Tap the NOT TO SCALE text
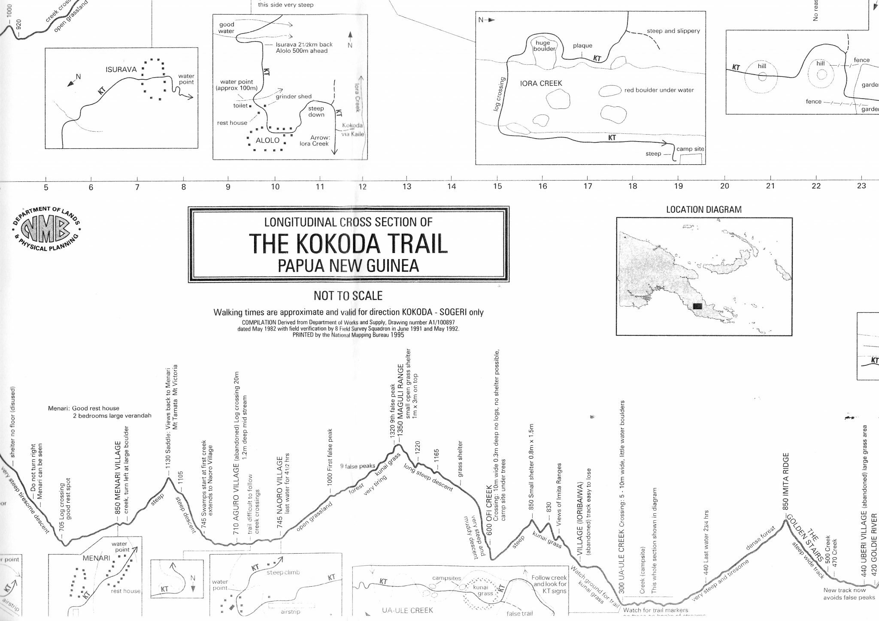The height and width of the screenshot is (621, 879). click(348, 296)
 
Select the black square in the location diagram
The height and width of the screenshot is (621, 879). click(697, 306)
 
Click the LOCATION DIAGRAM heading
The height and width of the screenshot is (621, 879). click(704, 210)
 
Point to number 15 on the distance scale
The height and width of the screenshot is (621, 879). click(497, 186)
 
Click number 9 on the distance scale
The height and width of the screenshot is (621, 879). click(228, 187)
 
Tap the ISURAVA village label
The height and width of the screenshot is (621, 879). click(121, 69)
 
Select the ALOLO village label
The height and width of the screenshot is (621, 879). click(267, 140)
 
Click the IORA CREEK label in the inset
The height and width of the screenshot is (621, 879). click(541, 83)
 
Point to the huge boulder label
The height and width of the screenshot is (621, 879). click(544, 46)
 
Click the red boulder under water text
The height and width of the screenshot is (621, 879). click(659, 90)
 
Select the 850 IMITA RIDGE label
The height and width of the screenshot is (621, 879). click(786, 481)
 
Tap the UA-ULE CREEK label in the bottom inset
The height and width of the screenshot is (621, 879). click(407, 610)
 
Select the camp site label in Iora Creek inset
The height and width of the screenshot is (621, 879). click(690, 149)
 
